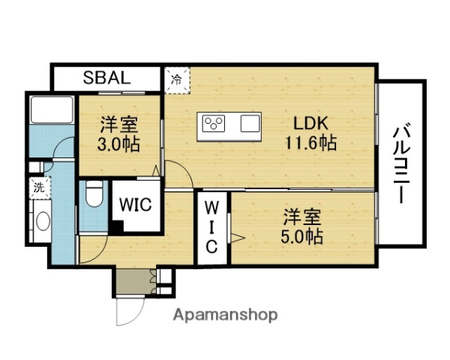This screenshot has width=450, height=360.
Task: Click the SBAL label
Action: [106, 77]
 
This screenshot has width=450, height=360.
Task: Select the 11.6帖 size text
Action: [310, 142]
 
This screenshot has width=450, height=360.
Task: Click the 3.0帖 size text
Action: [119, 142]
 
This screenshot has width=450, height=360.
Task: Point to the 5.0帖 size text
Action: [303, 238]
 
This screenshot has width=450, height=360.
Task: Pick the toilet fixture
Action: [93, 196]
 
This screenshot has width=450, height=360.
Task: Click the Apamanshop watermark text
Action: [226, 314]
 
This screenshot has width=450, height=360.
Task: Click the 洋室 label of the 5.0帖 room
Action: [302, 218]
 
